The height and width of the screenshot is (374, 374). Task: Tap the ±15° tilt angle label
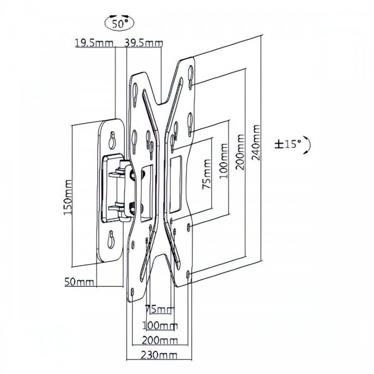click(288, 144)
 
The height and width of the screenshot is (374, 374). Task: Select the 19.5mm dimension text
click(94, 43)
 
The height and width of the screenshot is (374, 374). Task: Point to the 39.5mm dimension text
click(144, 43)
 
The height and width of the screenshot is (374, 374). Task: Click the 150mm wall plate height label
click(68, 197)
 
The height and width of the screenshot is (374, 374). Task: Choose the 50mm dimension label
click(79, 282)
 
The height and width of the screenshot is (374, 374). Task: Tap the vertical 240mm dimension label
click(256, 143)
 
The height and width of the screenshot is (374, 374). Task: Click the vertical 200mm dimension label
click(240, 152)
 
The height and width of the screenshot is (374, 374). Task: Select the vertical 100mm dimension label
click(224, 161)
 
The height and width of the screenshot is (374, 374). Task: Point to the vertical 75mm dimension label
click(206, 175)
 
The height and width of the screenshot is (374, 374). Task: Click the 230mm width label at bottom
click(160, 356)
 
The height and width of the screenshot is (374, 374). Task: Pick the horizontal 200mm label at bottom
click(160, 341)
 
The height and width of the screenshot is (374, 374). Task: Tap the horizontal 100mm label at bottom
click(160, 325)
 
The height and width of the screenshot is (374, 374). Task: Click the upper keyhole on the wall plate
click(112, 140)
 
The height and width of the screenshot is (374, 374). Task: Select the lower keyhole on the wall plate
click(111, 239)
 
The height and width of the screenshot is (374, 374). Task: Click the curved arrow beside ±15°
click(308, 145)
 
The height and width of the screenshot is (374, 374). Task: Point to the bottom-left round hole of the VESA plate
click(133, 292)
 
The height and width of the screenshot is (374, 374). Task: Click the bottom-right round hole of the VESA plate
click(188, 275)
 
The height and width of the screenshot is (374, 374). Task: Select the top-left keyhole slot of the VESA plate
click(135, 95)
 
